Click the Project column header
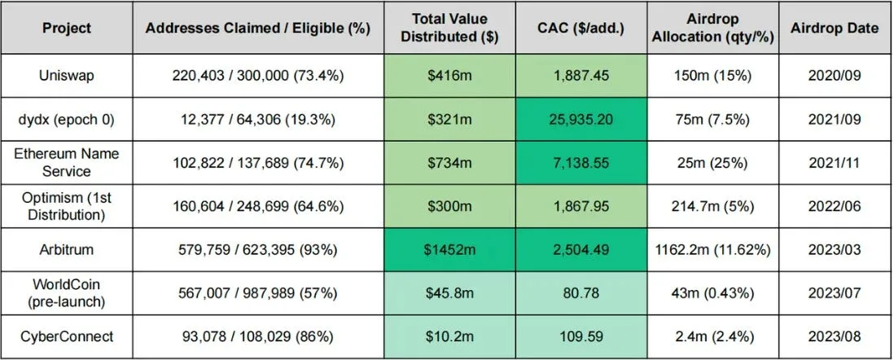click(67, 29)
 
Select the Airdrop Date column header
click(835, 29)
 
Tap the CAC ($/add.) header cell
click(581, 29)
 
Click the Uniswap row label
click(67, 76)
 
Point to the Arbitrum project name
click(67, 250)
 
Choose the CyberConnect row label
click(67, 336)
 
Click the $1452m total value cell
click(449, 250)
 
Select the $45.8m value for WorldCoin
click(449, 293)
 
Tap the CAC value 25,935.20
click(581, 119)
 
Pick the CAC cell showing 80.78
click(581, 293)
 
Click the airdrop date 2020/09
click(835, 76)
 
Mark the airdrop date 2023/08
click(835, 336)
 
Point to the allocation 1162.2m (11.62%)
click(712, 250)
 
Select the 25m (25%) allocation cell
click(712, 163)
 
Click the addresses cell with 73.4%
click(258, 76)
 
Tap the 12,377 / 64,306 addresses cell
click(258, 119)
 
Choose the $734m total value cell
click(449, 163)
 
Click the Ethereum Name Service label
click(67, 163)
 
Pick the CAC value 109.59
click(581, 336)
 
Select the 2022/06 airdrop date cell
click(835, 207)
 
